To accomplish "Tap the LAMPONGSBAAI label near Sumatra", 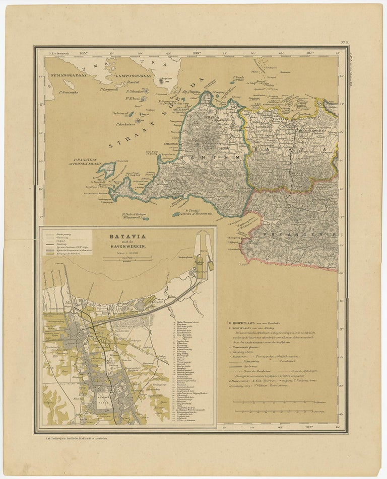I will [133, 76].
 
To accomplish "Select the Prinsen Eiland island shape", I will [106, 170].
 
